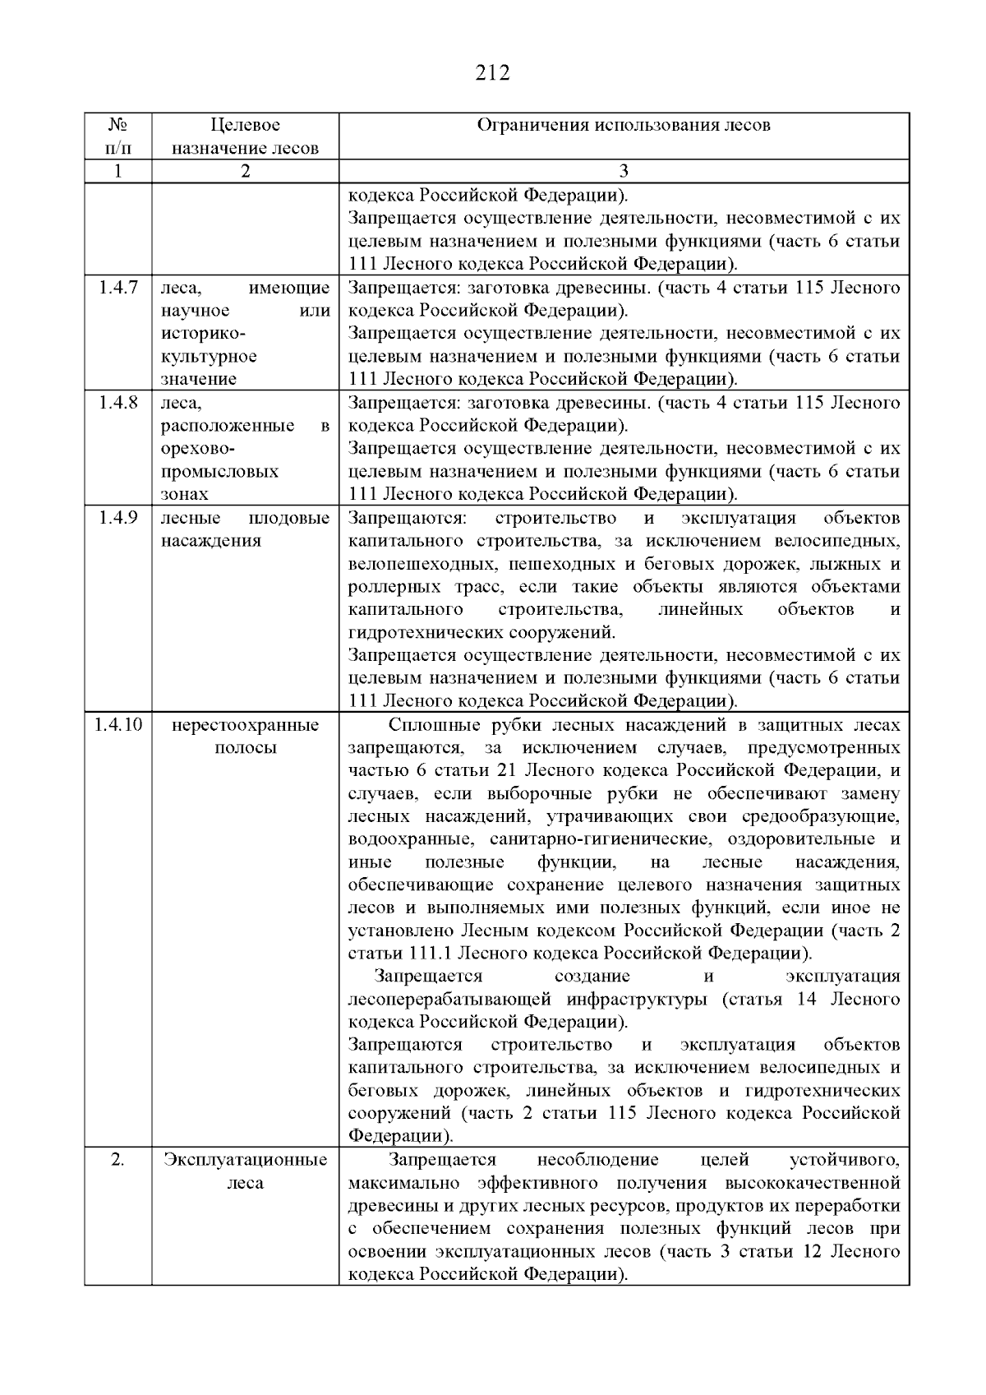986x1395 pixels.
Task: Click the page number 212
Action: (492, 73)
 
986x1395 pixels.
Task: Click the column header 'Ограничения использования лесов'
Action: (624, 126)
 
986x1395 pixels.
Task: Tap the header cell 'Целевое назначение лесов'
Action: (245, 137)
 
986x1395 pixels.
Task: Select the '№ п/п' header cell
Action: (117, 137)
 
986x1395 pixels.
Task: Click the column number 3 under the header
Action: (624, 171)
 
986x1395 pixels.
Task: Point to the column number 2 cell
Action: (245, 171)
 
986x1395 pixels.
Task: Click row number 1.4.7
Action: (117, 288)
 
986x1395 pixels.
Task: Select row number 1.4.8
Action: (117, 403)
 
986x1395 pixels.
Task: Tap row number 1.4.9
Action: (117, 518)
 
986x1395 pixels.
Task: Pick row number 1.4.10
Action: (117, 725)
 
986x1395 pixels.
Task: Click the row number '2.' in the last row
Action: (117, 1160)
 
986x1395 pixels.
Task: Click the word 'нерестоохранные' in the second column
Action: (245, 725)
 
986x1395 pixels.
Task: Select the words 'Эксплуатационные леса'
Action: (245, 1171)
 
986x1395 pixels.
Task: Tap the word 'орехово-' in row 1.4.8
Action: (198, 449)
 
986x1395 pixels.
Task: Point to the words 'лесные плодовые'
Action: (245, 518)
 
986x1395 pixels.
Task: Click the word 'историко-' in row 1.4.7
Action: (201, 334)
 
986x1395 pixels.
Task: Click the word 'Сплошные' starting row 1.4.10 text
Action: (424, 725)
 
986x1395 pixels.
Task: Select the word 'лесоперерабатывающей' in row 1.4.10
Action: (452, 1000)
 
